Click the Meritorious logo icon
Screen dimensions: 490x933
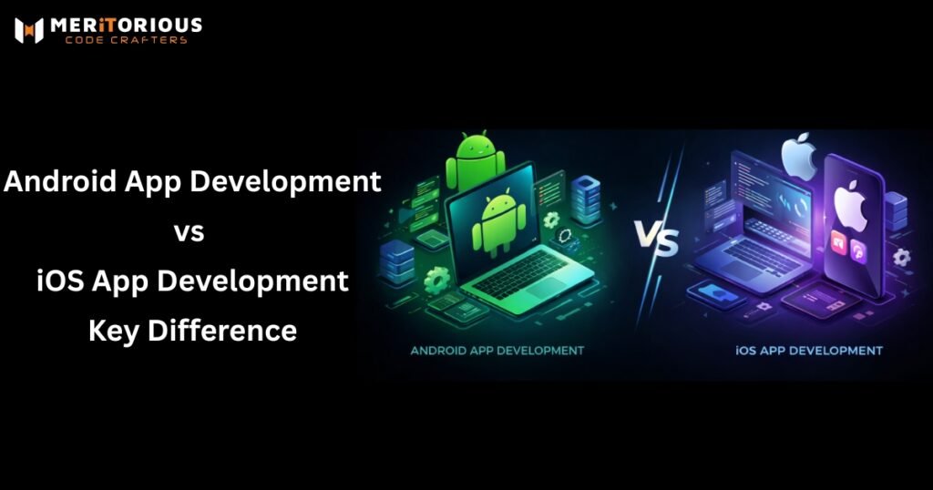[29, 30]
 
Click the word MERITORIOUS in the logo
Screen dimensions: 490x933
[128, 25]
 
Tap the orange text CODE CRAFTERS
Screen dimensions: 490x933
[128, 40]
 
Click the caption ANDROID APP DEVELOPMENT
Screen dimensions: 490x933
[497, 350]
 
